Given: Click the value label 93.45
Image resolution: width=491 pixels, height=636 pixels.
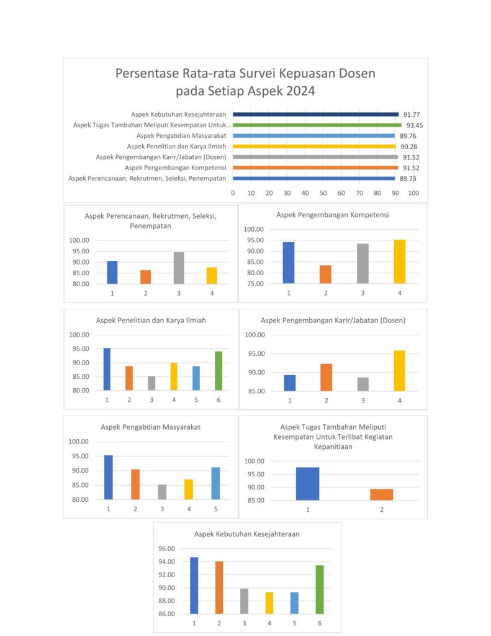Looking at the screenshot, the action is [x=415, y=125].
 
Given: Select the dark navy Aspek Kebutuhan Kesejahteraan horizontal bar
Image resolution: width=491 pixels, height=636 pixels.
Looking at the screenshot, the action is [x=315, y=114].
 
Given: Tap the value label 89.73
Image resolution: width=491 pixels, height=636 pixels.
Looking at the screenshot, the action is [x=408, y=178].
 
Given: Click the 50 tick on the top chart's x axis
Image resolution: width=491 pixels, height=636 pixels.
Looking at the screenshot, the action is [x=323, y=193].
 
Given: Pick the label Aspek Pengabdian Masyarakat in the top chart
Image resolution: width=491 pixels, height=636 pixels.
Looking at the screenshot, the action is [x=181, y=135].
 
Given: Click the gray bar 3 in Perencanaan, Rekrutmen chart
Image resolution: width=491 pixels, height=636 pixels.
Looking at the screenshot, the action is [x=179, y=268].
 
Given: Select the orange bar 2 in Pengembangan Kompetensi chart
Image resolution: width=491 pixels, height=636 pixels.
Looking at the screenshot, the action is [x=326, y=274].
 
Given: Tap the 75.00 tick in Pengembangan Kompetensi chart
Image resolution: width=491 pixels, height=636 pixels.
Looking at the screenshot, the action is [x=253, y=283].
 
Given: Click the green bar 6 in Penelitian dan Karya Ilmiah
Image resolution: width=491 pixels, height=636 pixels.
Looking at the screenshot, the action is [x=218, y=371].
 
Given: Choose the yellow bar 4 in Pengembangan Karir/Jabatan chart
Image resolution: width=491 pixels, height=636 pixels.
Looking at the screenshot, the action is [x=399, y=371].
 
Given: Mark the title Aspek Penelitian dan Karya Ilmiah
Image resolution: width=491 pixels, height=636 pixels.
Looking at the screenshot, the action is [x=151, y=320].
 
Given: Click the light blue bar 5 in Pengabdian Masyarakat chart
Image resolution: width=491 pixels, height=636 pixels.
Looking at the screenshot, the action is [x=215, y=483].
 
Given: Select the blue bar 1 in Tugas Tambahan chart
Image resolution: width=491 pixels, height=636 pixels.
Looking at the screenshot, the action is [x=308, y=484].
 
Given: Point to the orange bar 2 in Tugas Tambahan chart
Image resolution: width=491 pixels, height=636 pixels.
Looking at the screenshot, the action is [x=382, y=494].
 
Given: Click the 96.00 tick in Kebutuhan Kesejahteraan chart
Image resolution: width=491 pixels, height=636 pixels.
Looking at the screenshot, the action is [x=166, y=548].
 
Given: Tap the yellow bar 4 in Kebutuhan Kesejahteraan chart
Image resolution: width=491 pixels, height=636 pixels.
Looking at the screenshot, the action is [x=269, y=602].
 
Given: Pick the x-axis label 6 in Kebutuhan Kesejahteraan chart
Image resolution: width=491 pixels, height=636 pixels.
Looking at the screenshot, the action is [x=320, y=623].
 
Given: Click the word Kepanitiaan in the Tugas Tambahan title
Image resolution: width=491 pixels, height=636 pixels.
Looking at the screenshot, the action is [x=333, y=447].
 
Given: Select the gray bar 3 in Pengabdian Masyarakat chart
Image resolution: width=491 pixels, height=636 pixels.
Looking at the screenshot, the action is [x=162, y=492].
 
